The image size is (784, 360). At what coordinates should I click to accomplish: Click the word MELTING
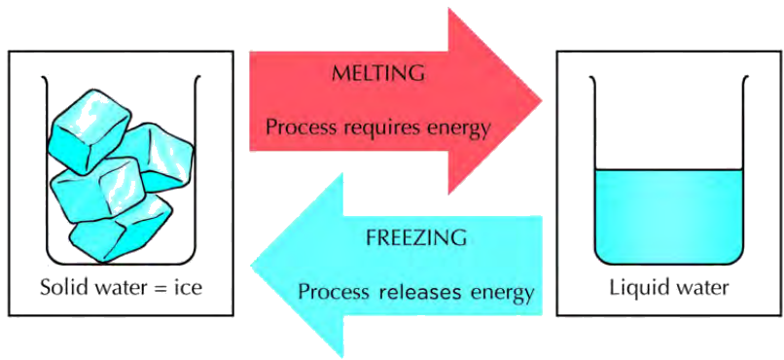click(x=378, y=74)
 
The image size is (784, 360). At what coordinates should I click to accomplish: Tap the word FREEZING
click(x=416, y=237)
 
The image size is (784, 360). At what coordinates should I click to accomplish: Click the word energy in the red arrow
click(x=456, y=130)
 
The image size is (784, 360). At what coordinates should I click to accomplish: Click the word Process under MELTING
click(x=302, y=127)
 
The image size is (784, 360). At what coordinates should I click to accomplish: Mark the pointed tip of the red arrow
click(x=542, y=100)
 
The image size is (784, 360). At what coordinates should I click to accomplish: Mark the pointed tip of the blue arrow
click(x=252, y=266)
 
